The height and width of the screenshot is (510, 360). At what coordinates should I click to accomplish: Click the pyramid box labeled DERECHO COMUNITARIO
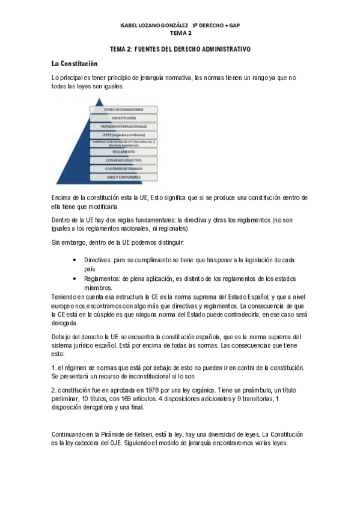[x=124, y=110]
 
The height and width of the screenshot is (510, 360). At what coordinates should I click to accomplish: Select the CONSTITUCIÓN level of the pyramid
[x=124, y=118]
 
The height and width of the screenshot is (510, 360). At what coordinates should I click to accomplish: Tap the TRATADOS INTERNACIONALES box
[x=124, y=127]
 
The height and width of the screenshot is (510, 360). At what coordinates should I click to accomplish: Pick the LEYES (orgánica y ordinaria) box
[x=124, y=135]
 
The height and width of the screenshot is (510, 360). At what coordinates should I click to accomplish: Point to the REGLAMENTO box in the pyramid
[x=124, y=152]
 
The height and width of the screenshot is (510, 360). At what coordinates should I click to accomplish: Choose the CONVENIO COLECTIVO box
[x=124, y=161]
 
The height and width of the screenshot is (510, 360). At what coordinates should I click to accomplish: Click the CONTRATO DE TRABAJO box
[x=124, y=169]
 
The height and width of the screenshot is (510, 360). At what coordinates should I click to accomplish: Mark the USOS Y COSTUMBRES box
[x=124, y=177]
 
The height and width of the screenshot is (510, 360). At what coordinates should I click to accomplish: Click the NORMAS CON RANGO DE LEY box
[x=124, y=144]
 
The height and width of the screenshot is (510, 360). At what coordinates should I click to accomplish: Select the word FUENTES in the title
[x=153, y=48]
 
